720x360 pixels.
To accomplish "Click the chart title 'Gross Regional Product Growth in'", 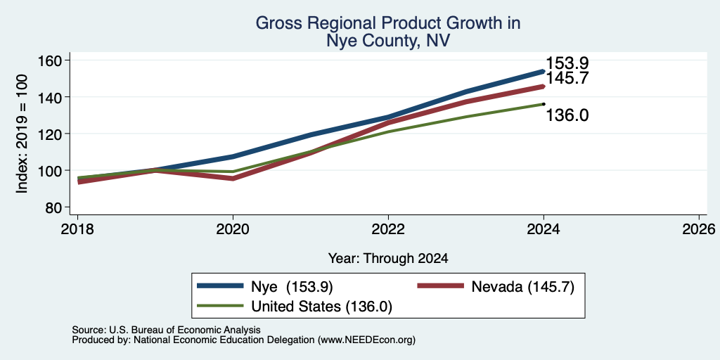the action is click(388, 23).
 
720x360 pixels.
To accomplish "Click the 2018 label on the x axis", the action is click(77, 229).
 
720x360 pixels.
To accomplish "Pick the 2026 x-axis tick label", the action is click(699, 229).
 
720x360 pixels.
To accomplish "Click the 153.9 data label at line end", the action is click(567, 63).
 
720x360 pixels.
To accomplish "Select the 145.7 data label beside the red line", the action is click(567, 78).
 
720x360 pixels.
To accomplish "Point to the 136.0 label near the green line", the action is click(567, 115).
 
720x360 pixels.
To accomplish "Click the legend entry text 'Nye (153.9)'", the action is click(292, 287).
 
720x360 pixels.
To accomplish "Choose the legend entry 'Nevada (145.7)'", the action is click(523, 287).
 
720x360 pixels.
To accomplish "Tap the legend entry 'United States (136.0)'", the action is click(321, 307).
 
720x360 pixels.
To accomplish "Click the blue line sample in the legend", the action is click(220, 285).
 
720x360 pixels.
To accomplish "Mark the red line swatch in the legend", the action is click(440, 285).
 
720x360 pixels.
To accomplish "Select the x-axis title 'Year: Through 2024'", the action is click(388, 259).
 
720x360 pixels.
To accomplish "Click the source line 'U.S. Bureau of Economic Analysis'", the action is click(185, 330).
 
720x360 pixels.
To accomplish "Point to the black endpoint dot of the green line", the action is click(544, 104).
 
